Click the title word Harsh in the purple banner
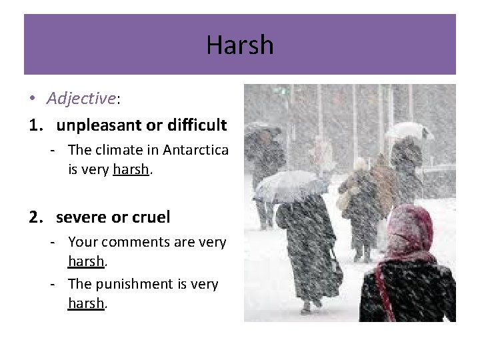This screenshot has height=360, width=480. tap(239, 45)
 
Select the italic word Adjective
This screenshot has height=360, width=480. tap(81, 99)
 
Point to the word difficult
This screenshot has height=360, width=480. tap(197, 125)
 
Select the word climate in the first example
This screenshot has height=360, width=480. tap(117, 150)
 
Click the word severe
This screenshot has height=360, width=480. tap(81, 217)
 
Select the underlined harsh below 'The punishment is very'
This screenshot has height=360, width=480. tap(86, 303)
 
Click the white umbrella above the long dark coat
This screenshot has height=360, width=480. tap(290, 186)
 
